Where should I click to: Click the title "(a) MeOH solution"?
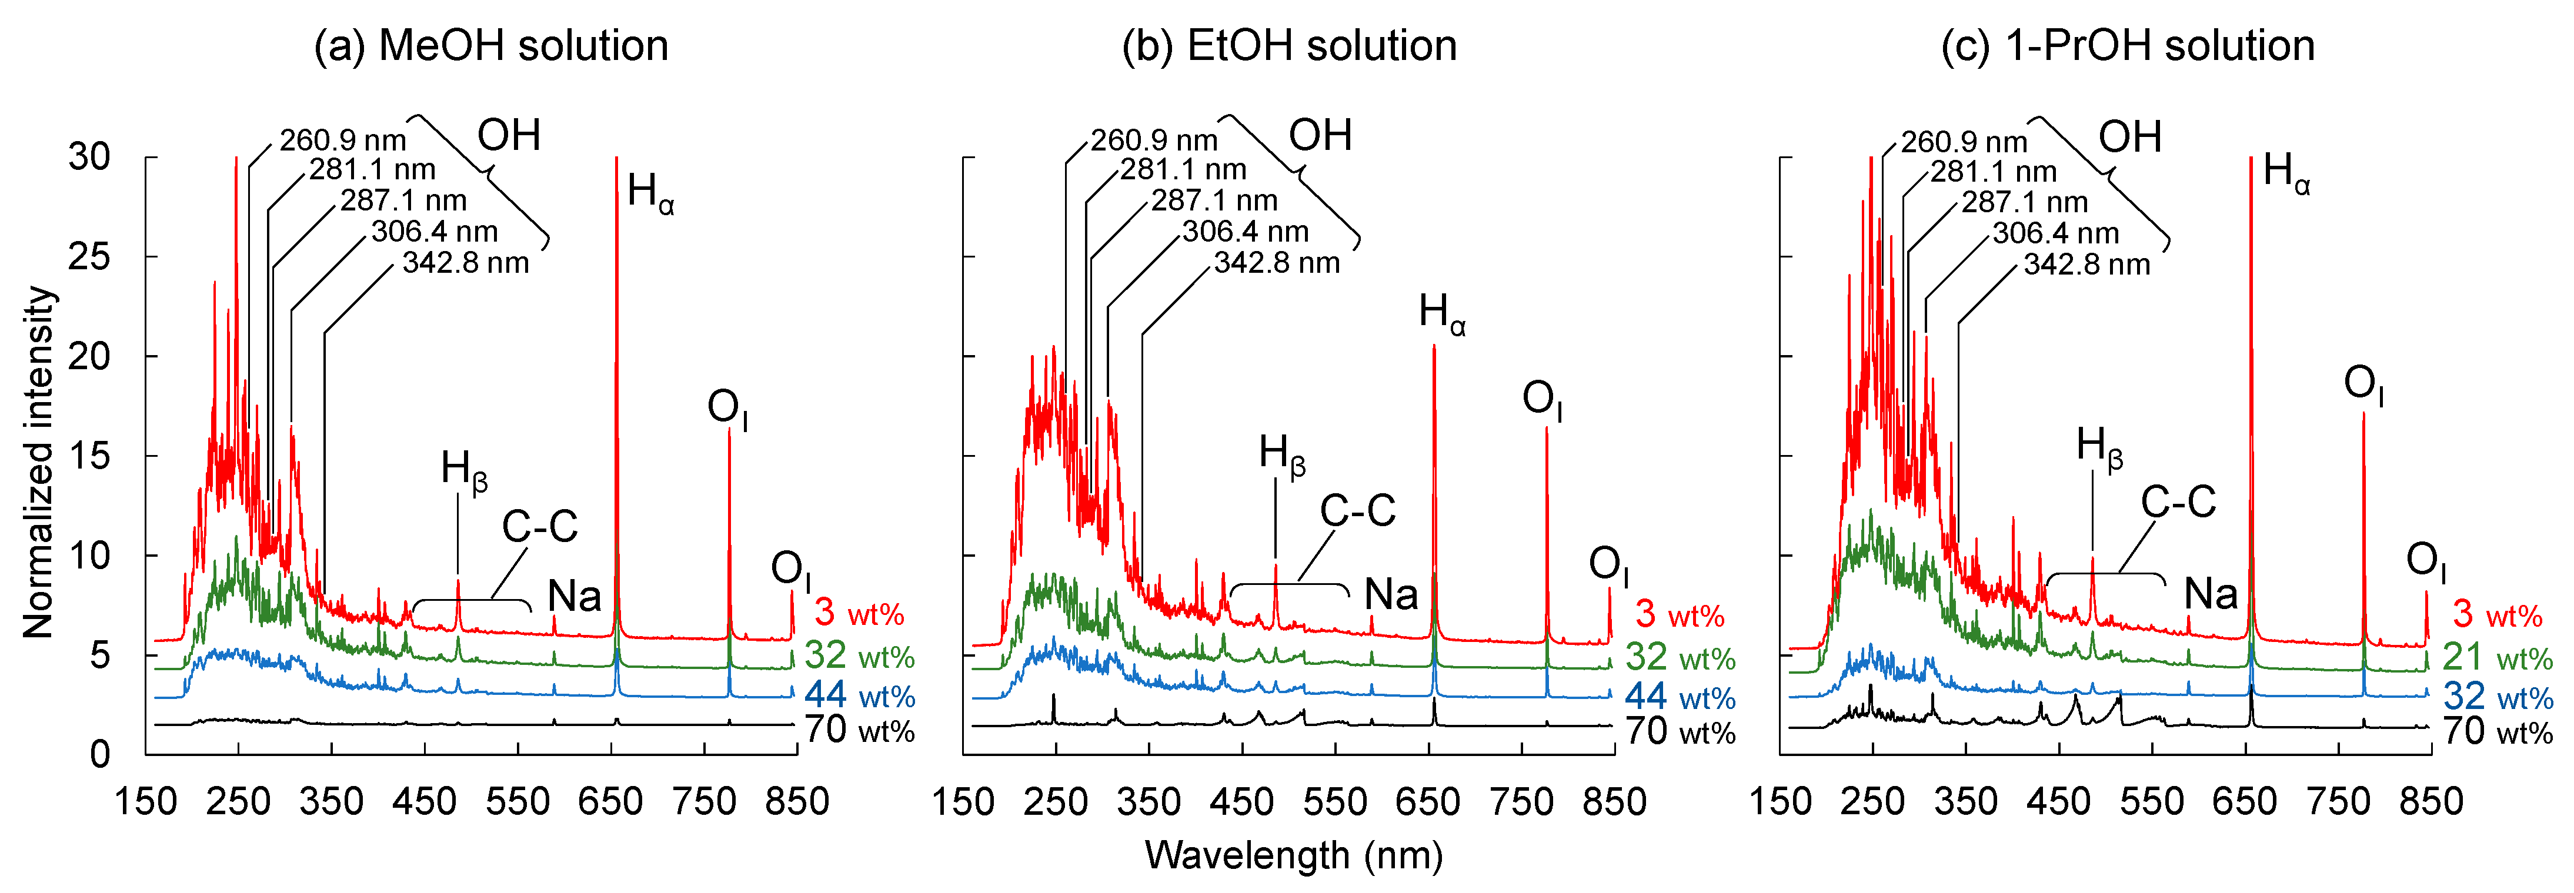click(x=490, y=46)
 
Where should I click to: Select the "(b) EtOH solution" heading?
click(x=1289, y=46)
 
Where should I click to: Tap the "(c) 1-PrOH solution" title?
click(x=2127, y=46)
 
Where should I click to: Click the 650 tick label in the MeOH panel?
click(x=610, y=801)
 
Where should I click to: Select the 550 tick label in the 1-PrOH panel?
click(x=2152, y=801)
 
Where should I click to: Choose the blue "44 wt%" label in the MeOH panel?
click(x=859, y=695)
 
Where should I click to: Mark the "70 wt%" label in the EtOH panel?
click(x=1680, y=732)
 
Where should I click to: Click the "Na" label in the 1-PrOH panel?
click(x=2211, y=594)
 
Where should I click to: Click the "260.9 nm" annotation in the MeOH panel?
click(x=343, y=140)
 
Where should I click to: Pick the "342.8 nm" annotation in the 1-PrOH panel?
click(x=2086, y=265)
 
